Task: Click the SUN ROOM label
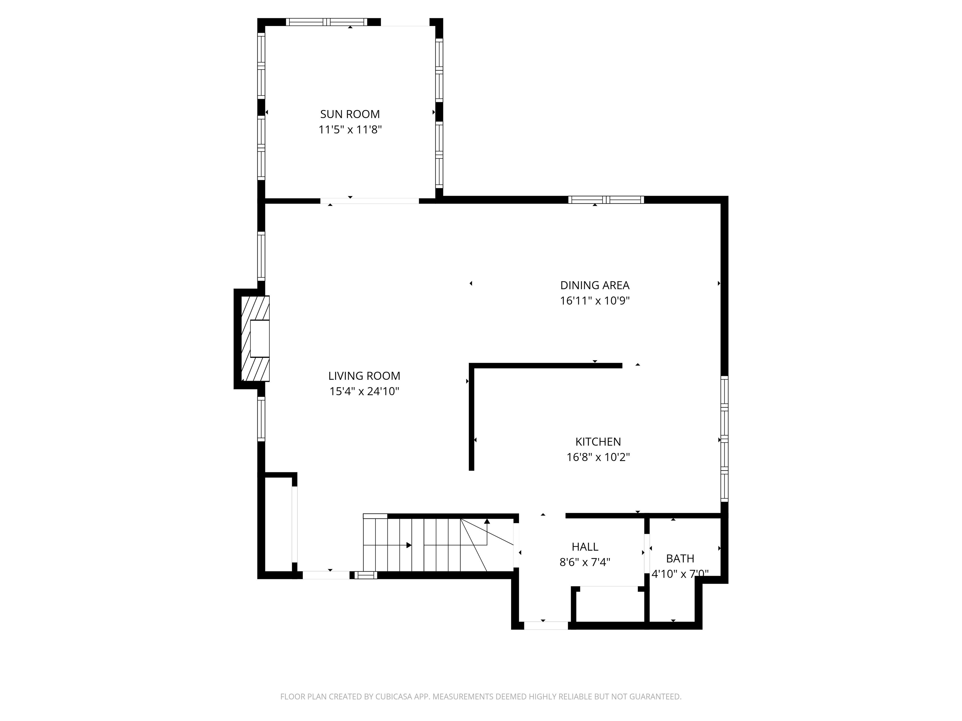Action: [x=350, y=114]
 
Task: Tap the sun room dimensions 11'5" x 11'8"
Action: [x=350, y=130]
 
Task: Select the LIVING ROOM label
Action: [x=364, y=376]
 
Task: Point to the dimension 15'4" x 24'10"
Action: [x=364, y=391]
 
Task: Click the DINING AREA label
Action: [x=594, y=285]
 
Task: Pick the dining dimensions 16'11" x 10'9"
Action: [x=594, y=301]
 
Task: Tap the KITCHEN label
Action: [x=598, y=442]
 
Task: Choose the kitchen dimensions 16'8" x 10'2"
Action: [x=598, y=457]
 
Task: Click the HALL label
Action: [x=585, y=547]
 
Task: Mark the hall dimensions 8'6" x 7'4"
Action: [x=585, y=562]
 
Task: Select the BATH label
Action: [x=680, y=559]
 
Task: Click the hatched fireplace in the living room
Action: [x=255, y=339]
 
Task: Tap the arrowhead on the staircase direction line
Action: [x=409, y=545]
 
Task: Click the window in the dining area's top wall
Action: [x=606, y=200]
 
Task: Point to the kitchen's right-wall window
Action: [x=724, y=439]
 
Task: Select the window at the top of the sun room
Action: [x=327, y=22]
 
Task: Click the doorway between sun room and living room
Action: [x=370, y=201]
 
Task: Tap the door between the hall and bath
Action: [x=647, y=550]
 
